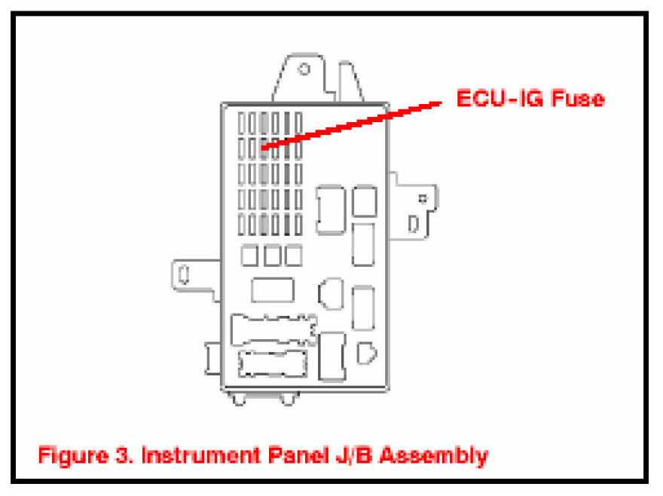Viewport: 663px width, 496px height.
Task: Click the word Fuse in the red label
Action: (576, 99)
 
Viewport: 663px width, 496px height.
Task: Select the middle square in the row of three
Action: (271, 256)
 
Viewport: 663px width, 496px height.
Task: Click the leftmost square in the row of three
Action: (249, 256)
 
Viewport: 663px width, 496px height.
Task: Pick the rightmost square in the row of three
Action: (293, 256)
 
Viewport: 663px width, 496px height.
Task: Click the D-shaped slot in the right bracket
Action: (414, 224)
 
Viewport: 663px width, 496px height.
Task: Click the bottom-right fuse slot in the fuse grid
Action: (298, 224)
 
